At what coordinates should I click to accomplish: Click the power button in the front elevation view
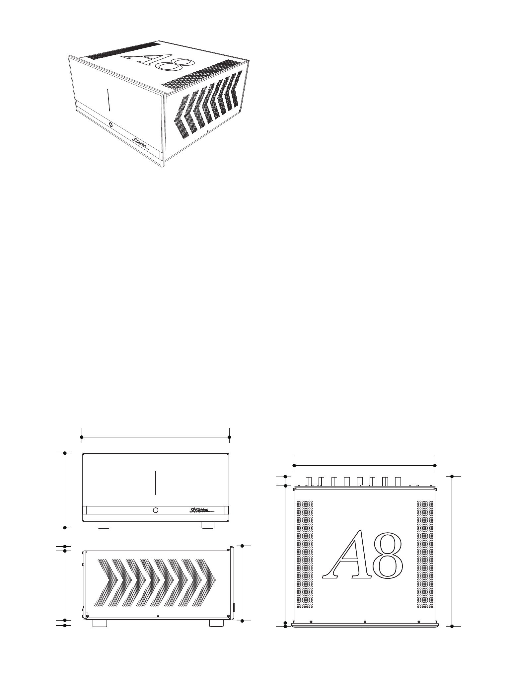(156, 510)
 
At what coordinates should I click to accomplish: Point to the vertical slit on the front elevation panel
(155, 483)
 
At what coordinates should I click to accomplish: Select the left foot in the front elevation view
(104, 525)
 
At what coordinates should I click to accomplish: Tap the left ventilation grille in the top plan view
(305, 554)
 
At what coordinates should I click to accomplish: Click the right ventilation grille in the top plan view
(425, 554)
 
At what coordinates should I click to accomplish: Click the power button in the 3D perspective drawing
(110, 125)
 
